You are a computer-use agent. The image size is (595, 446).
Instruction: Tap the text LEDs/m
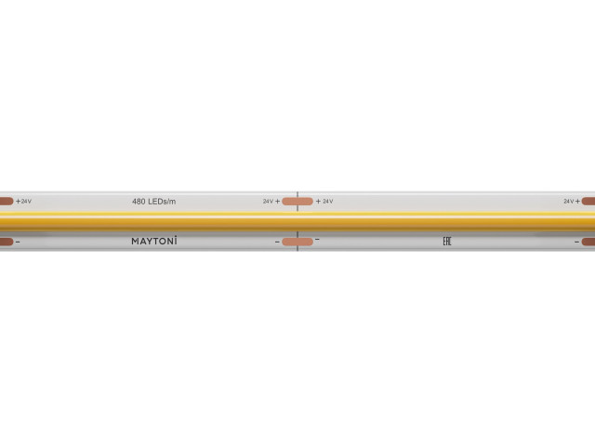[x=164, y=201]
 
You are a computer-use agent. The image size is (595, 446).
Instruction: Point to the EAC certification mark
[x=445, y=242]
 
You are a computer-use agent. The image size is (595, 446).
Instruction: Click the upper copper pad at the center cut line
[x=297, y=201]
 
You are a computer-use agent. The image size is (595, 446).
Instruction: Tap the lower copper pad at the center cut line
[x=297, y=243]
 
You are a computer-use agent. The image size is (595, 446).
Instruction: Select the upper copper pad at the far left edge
[x=5, y=201]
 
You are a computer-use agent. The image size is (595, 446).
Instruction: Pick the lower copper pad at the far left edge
[x=5, y=243]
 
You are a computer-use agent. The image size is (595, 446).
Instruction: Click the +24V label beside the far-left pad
[x=23, y=201]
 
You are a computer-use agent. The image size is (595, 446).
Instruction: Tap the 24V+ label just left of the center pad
[x=271, y=201]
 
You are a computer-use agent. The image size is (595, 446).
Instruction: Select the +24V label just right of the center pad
[x=324, y=201]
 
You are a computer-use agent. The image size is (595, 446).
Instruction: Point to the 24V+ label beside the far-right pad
[x=570, y=201]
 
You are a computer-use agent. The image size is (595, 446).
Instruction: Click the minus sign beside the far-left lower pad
[x=18, y=242]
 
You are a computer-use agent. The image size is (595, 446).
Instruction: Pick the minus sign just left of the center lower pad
[x=276, y=242]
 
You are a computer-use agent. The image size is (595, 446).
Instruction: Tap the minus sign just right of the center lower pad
[x=317, y=240]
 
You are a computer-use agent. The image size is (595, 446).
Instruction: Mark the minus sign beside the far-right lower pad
[x=575, y=242]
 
